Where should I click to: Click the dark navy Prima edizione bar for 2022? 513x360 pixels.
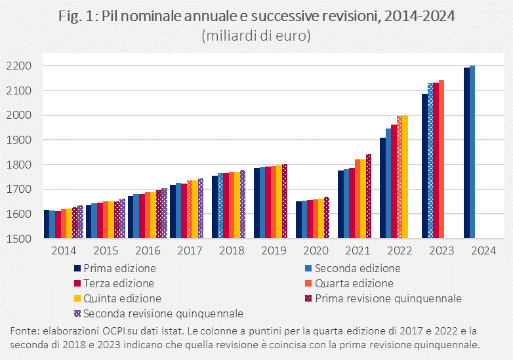382,188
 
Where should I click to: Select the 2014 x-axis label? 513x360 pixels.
63,250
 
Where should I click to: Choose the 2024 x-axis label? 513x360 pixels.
483,250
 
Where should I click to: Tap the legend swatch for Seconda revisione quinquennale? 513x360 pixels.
77,313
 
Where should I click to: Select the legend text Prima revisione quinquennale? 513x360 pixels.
388,298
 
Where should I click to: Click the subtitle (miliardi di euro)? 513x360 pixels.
256,35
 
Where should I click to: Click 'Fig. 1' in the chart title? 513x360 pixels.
78,16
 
